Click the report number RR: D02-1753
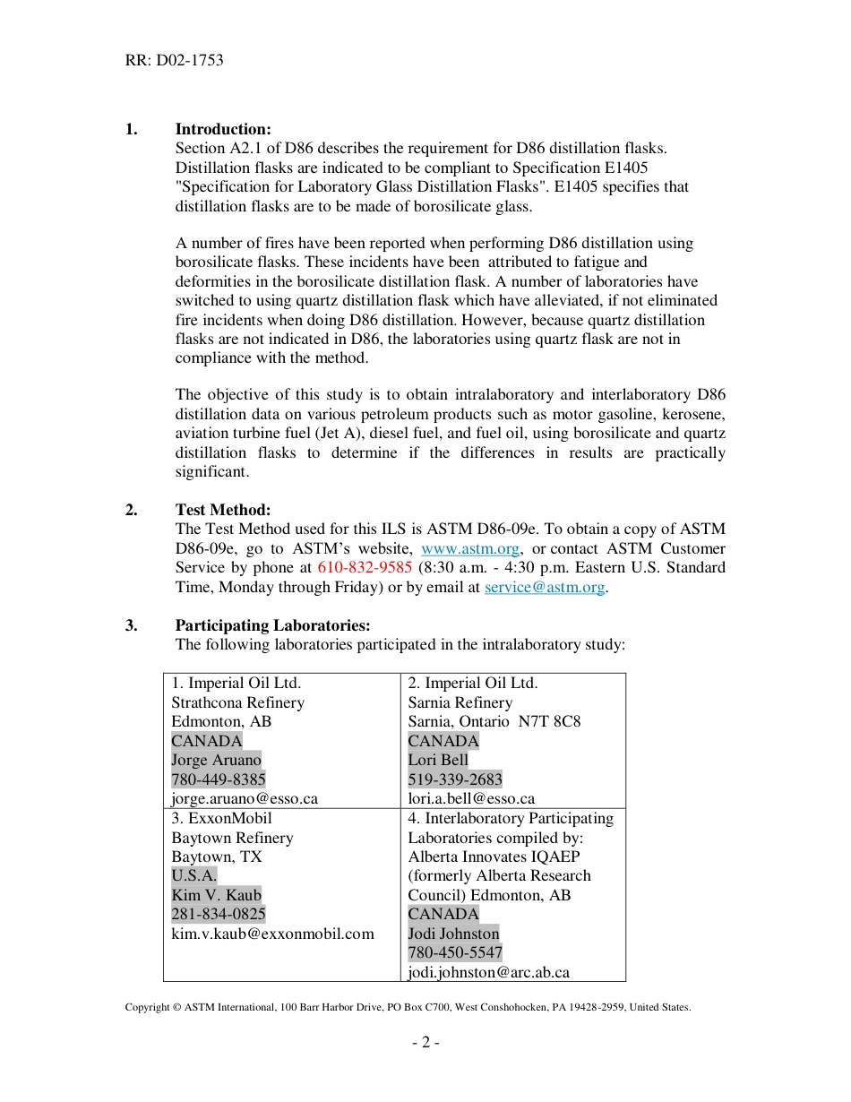tap(174, 61)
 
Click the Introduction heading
tap(223, 129)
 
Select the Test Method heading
tap(222, 510)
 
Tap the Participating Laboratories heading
tap(272, 625)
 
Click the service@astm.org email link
tap(545, 587)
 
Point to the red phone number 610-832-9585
tap(365, 568)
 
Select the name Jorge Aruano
tap(216, 760)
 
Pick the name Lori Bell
tap(438, 760)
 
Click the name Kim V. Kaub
tap(216, 895)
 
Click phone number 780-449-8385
tap(219, 779)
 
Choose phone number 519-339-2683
tap(455, 779)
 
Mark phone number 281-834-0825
tap(219, 914)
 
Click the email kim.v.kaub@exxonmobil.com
tap(272, 934)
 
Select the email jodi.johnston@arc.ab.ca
tap(489, 972)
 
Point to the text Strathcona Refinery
tap(237, 702)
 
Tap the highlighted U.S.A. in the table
tap(193, 875)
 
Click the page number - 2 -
tap(425, 1042)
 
